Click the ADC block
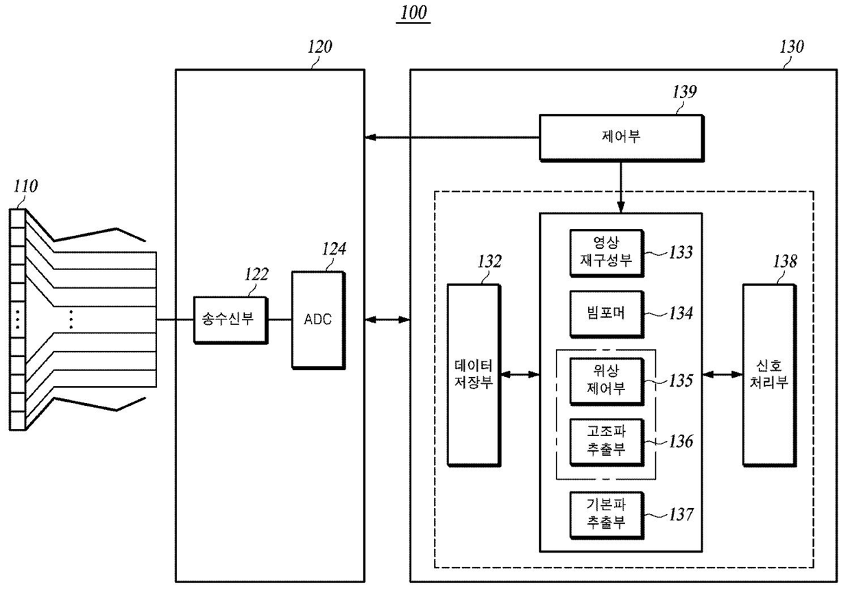pyautogui.click(x=318, y=320)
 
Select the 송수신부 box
pyautogui.click(x=231, y=321)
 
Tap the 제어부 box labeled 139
pyautogui.click(x=622, y=138)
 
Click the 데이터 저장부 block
pyautogui.click(x=474, y=375)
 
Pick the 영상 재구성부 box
pyautogui.click(x=607, y=253)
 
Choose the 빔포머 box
pyautogui.click(x=607, y=314)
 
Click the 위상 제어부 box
pyautogui.click(x=607, y=381)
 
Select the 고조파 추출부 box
pyautogui.click(x=607, y=442)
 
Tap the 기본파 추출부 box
pyautogui.click(x=607, y=516)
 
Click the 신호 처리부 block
pyautogui.click(x=770, y=375)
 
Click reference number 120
pyautogui.click(x=320, y=47)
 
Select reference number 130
pyautogui.click(x=792, y=47)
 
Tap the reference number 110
pyautogui.click(x=26, y=186)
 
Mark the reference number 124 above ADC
pyautogui.click(x=334, y=249)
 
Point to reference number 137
pyautogui.click(x=681, y=514)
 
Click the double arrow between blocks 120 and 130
pyautogui.click(x=387, y=320)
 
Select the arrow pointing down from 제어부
pyautogui.click(x=621, y=187)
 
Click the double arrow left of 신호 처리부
pyautogui.click(x=722, y=375)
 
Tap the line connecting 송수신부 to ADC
pyautogui.click(x=280, y=320)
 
